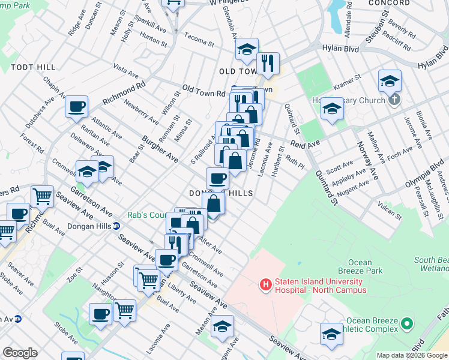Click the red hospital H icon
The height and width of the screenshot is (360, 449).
(264, 284)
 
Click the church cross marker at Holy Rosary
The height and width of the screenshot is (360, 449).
(394, 100)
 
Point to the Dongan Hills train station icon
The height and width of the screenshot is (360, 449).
(116, 226)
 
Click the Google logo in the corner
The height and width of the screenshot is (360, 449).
(20, 353)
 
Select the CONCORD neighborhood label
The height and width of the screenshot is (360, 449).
(393, 3)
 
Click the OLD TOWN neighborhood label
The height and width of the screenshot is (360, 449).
(238, 71)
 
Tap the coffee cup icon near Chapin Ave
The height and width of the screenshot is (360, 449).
(76, 107)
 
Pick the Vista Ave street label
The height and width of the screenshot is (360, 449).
(126, 72)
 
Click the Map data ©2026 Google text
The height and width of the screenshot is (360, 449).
(412, 355)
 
